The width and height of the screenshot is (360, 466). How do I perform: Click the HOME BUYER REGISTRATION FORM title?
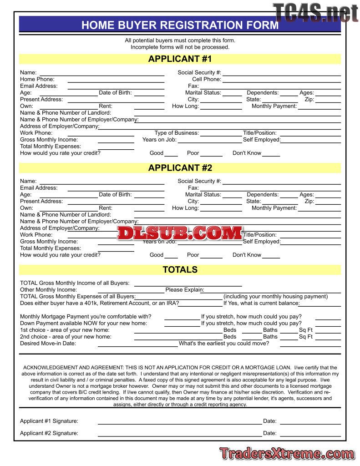pyautogui.click(x=180, y=25)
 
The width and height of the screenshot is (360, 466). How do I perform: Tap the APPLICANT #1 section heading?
pyautogui.click(x=180, y=59)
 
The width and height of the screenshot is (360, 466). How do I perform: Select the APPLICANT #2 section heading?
pyautogui.click(x=180, y=167)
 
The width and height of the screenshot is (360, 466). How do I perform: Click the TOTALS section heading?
pyautogui.click(x=180, y=269)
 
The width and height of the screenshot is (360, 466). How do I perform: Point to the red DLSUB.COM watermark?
pyautogui.click(x=180, y=233)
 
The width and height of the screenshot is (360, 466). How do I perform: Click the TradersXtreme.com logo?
pyautogui.click(x=287, y=453)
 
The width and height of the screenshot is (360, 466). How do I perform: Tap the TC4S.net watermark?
pyautogui.click(x=315, y=12)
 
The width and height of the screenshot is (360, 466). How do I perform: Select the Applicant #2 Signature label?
pyautogui.click(x=49, y=433)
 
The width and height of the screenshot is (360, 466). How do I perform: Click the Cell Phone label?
pyautogui.click(x=206, y=79)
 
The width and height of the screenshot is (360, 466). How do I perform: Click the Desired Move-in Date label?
pyautogui.click(x=48, y=344)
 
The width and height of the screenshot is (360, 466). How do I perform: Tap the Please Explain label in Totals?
pyautogui.click(x=184, y=290)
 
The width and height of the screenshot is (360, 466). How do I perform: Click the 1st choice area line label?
pyautogui.click(x=65, y=330)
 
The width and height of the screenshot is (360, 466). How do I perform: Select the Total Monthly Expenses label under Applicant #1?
pyautogui.click(x=51, y=147)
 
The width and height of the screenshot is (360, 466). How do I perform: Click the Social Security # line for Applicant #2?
pyautogui.click(x=281, y=183)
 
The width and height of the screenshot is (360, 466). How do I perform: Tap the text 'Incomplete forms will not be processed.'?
pyautogui.click(x=180, y=47)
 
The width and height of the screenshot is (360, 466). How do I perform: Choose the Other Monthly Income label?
pyautogui.click(x=48, y=290)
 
